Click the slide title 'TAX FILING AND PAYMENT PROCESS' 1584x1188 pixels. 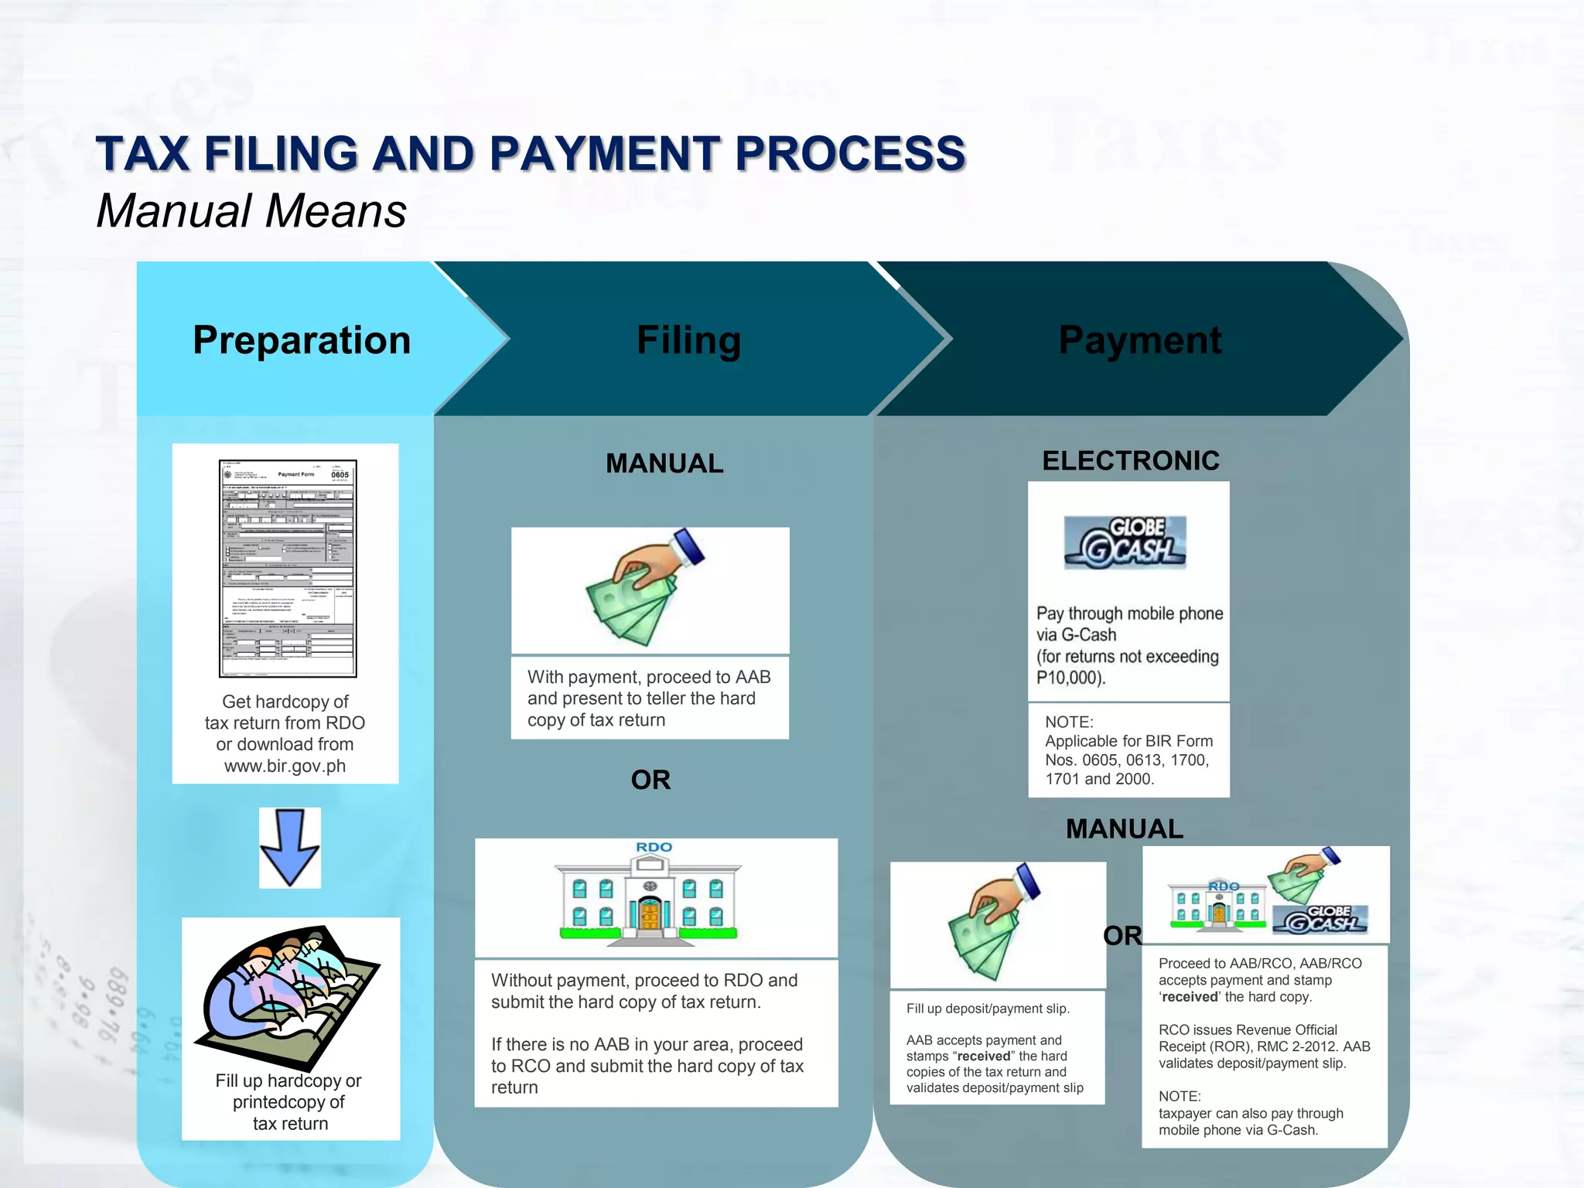(531, 153)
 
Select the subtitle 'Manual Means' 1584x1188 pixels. (251, 211)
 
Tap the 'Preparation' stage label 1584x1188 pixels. (302, 340)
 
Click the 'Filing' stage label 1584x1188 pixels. (688, 340)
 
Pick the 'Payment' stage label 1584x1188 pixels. (1140, 340)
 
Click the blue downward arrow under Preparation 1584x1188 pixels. (290, 848)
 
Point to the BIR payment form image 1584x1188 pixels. (288, 568)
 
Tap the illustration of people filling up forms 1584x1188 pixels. (291, 994)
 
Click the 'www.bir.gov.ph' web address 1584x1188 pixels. (285, 766)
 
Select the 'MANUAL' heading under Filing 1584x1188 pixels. (664, 463)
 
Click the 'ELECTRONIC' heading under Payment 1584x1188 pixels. (1131, 461)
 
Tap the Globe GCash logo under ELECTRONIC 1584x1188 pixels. (1125, 542)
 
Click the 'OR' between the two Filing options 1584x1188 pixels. (650, 780)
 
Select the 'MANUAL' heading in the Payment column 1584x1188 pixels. (1125, 829)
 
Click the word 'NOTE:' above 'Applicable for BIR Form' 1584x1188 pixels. (1069, 722)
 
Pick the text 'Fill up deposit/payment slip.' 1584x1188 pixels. (988, 1009)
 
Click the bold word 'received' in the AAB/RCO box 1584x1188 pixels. (1190, 997)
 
